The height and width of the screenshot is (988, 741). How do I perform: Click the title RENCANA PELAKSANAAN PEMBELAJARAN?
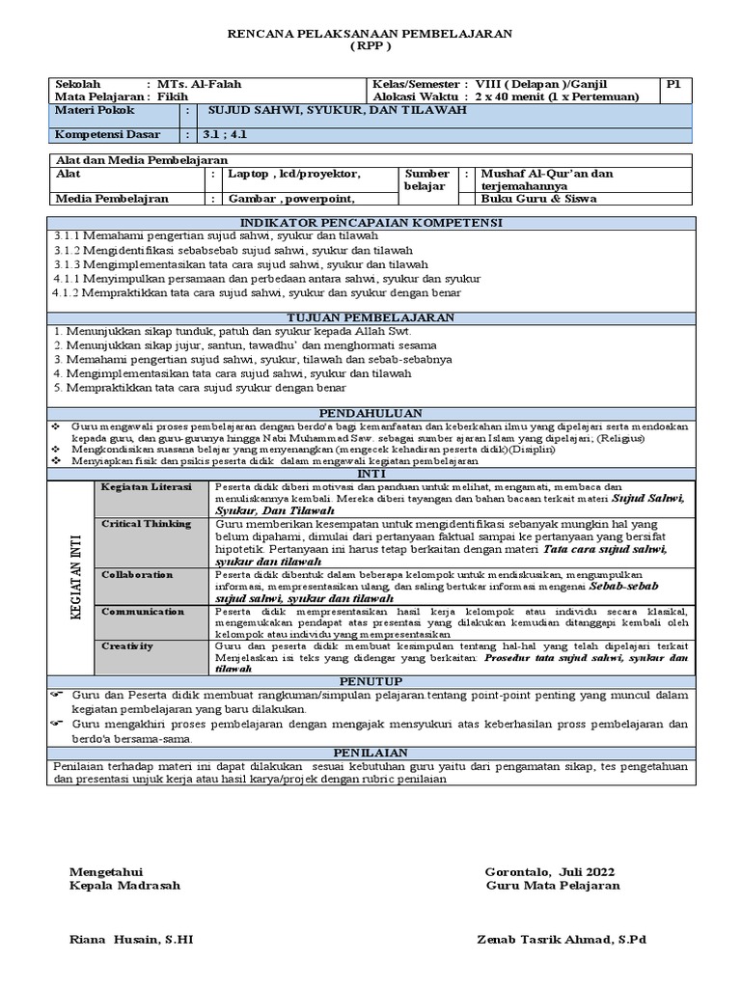click(x=370, y=33)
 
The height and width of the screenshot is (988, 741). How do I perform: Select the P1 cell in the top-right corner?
click(x=674, y=84)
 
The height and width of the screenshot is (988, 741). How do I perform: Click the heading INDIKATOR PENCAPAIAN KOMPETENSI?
click(x=370, y=223)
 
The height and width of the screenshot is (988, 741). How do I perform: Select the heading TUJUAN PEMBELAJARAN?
click(x=370, y=317)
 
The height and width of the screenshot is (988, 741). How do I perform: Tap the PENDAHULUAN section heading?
click(x=370, y=412)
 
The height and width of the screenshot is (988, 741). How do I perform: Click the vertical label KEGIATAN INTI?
click(x=73, y=576)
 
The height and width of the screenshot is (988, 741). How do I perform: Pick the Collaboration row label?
click(x=138, y=574)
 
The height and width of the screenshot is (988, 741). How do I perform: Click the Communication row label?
click(x=143, y=612)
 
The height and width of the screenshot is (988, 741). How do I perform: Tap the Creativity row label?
click(x=128, y=645)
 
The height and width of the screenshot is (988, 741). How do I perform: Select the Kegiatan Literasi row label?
click(x=147, y=486)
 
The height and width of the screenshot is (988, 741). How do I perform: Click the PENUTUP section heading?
click(x=370, y=681)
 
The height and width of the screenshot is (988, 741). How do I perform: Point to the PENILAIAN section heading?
click(x=370, y=753)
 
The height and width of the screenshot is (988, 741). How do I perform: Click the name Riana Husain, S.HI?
click(x=131, y=940)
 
